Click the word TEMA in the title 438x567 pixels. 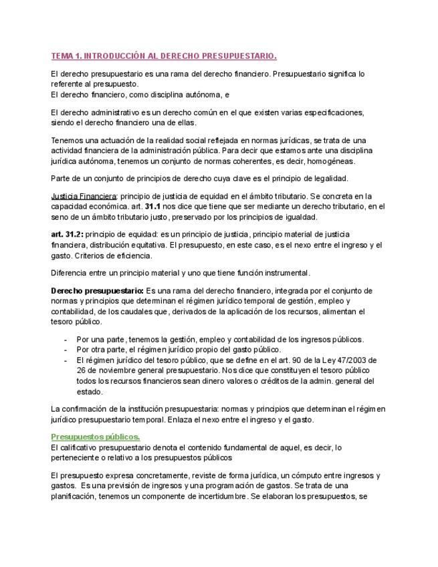point(63,56)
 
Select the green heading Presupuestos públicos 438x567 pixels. point(96,437)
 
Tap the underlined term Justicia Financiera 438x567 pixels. point(84,196)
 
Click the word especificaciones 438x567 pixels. point(332,112)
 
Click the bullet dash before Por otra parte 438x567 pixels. point(66,350)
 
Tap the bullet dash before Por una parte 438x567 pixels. point(66,340)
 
